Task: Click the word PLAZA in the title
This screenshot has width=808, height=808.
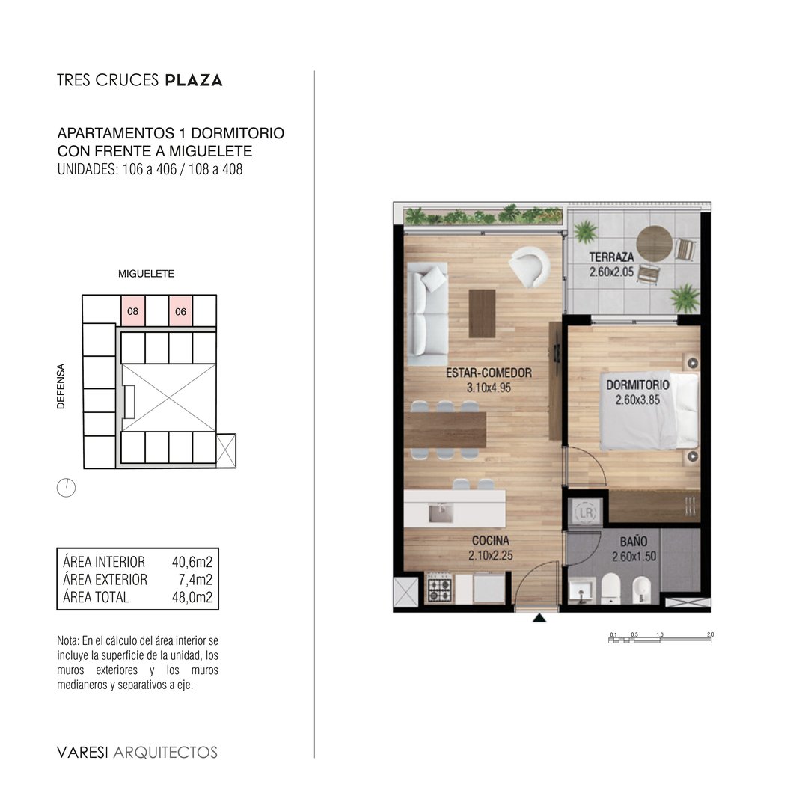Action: (194, 80)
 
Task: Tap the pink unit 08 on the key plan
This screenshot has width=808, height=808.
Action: (133, 310)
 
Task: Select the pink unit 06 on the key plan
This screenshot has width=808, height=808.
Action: (181, 310)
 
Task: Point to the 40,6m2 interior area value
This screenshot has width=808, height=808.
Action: (192, 562)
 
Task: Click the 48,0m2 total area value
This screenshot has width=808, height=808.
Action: (192, 597)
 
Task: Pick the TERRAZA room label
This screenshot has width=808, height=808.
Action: (612, 257)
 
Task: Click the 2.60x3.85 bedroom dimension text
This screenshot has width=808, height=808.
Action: (637, 400)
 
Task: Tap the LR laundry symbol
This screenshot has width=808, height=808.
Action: (586, 512)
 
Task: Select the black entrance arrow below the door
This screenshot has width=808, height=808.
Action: (539, 618)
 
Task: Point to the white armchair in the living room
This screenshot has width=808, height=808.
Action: (529, 266)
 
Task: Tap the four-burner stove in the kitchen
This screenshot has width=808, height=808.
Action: (440, 589)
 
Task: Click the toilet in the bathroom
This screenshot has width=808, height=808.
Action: (610, 588)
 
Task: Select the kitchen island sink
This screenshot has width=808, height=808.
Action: (441, 513)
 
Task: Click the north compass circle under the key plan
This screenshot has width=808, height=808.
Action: (66, 488)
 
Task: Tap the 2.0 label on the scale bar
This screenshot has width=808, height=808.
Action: (711, 634)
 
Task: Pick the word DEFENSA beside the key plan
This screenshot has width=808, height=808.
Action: (61, 387)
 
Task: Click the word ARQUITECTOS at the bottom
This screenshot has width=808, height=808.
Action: (165, 753)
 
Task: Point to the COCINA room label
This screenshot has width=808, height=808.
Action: (491, 541)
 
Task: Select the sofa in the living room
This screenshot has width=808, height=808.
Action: (427, 313)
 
